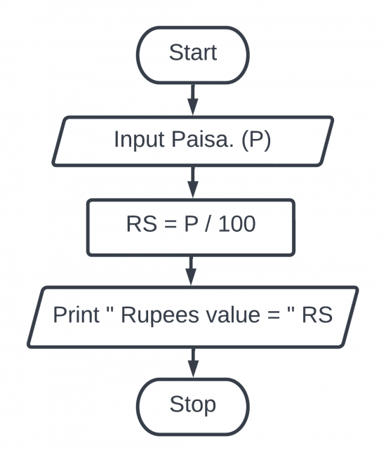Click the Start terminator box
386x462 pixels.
193,53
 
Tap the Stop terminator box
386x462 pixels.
193,405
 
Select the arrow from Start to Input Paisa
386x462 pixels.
193,98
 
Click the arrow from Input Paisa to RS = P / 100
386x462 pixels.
193,183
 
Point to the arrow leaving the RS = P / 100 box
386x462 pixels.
193,270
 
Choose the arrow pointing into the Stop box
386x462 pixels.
193,362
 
